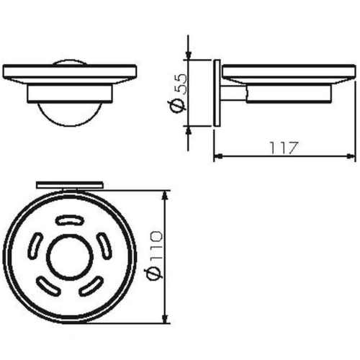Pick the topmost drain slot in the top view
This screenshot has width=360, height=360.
pyautogui.click(x=70, y=219)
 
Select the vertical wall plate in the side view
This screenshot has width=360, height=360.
pyautogui.click(x=217, y=93)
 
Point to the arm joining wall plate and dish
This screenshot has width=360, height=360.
pyautogui.click(x=232, y=93)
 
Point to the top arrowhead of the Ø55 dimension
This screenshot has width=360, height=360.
pyautogui.click(x=189, y=55)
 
